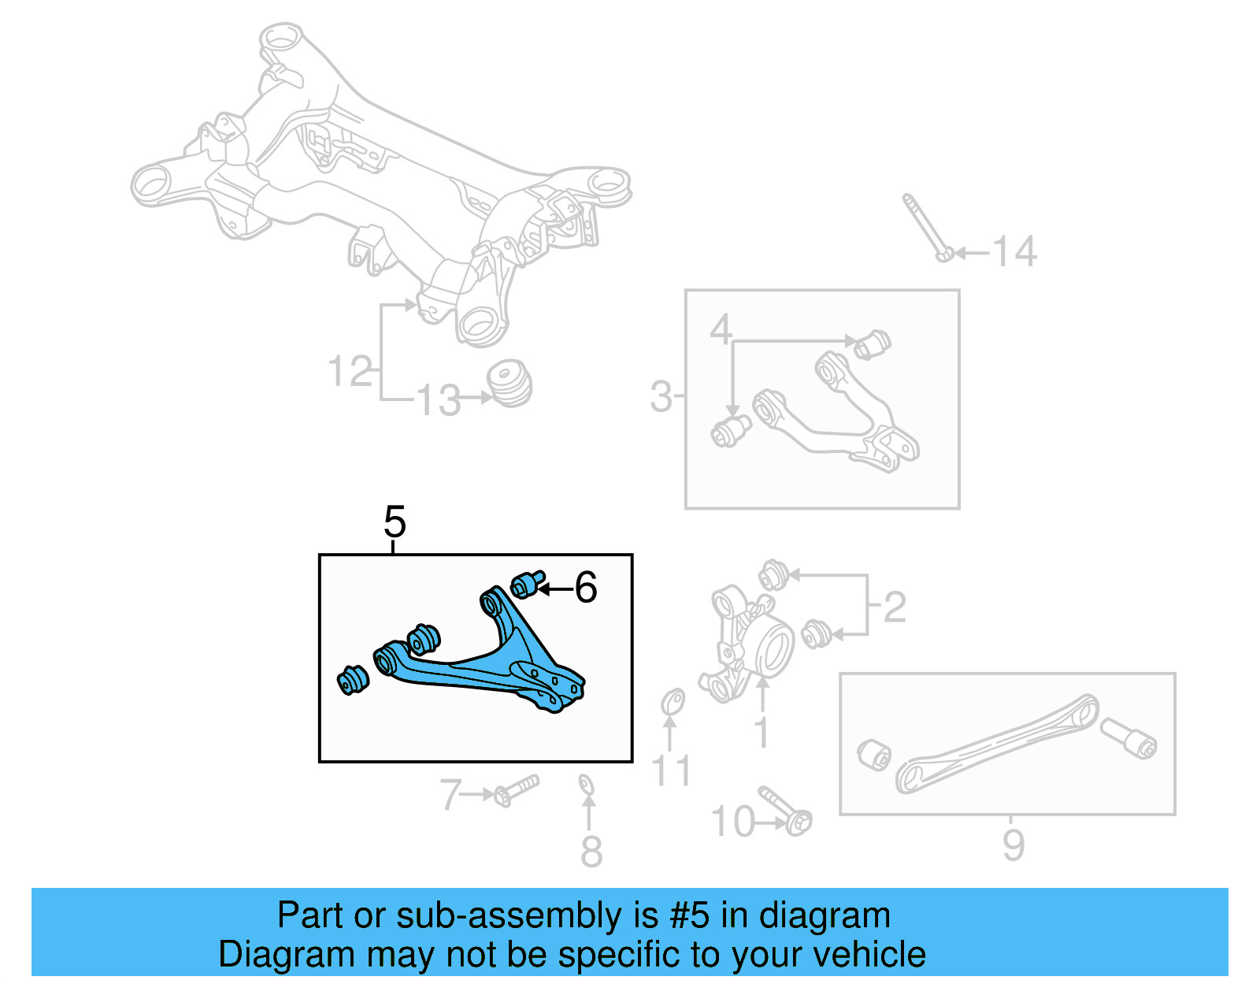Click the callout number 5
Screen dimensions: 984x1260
(x=395, y=522)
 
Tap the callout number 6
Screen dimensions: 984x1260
(x=586, y=588)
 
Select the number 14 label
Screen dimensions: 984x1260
(x=1014, y=252)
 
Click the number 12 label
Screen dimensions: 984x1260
(x=350, y=372)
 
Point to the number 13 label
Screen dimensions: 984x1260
(x=438, y=400)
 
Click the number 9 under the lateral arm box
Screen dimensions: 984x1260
(x=1013, y=845)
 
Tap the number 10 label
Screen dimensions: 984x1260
(x=733, y=822)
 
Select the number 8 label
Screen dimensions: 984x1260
(x=591, y=852)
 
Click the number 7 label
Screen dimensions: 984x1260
(x=450, y=794)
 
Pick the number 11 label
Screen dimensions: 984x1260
(x=671, y=770)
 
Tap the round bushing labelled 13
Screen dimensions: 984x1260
(x=510, y=383)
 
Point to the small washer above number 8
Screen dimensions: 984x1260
(x=585, y=785)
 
